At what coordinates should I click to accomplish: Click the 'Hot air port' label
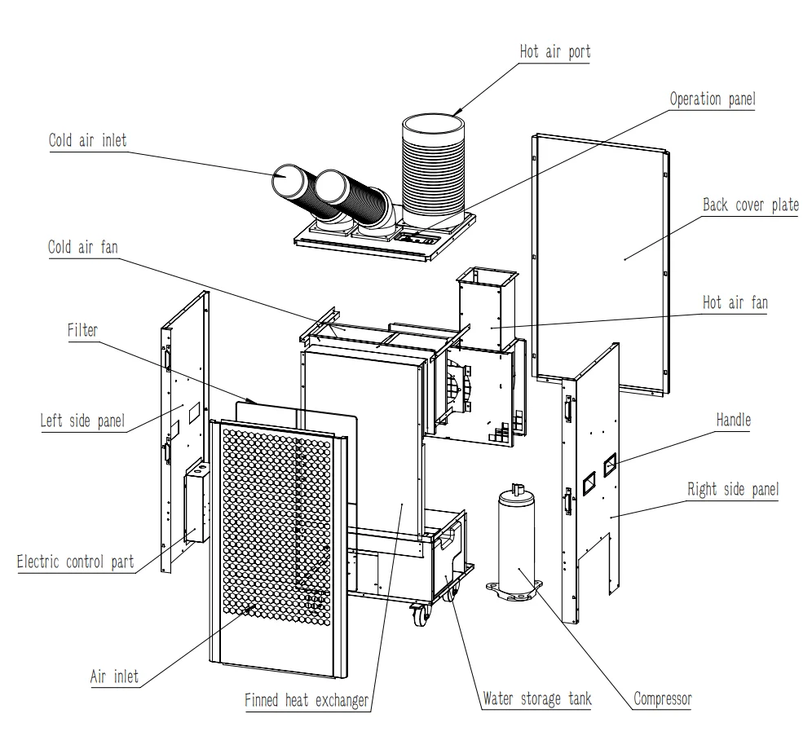(x=554, y=52)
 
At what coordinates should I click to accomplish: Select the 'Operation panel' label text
(x=713, y=99)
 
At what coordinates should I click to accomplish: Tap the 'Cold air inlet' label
(x=87, y=139)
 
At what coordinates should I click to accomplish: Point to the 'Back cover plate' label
(x=750, y=205)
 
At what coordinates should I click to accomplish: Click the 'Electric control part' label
(x=75, y=562)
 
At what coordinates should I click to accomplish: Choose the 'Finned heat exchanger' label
(x=307, y=700)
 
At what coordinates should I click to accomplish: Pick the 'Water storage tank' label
(x=536, y=698)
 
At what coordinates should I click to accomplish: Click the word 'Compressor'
(x=662, y=698)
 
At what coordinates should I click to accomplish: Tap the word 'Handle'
(x=733, y=421)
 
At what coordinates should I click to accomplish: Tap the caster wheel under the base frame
(x=420, y=616)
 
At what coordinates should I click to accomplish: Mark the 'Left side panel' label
(x=82, y=421)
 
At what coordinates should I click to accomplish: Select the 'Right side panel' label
(x=733, y=489)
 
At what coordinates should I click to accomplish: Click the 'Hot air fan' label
(x=735, y=303)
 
